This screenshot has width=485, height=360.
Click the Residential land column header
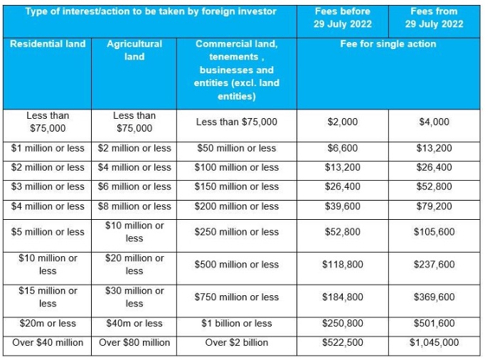pyautogui.click(x=48, y=44)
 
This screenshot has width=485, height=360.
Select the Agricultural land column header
pyautogui.click(x=134, y=50)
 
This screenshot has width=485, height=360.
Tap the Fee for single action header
pyautogui.click(x=388, y=44)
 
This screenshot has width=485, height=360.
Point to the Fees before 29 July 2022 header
pyautogui.click(x=343, y=18)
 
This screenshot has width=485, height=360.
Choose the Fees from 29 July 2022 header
pyautogui.click(x=435, y=18)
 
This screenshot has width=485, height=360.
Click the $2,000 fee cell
pyautogui.click(x=343, y=122)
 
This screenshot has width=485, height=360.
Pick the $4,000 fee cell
pyautogui.click(x=435, y=122)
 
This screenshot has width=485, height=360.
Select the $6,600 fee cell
pyautogui.click(x=343, y=149)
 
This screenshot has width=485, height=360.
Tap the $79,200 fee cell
pyautogui.click(x=435, y=206)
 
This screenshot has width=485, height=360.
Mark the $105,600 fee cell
pyautogui.click(x=435, y=232)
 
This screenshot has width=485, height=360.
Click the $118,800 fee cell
pyautogui.click(x=343, y=265)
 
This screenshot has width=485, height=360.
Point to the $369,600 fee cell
pyautogui.click(x=435, y=297)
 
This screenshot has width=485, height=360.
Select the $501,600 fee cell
pyautogui.click(x=435, y=324)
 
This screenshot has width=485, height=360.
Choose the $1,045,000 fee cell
pyautogui.click(x=435, y=343)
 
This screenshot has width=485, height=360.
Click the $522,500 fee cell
pyautogui.click(x=343, y=343)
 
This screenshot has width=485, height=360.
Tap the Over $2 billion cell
pyautogui.click(x=237, y=343)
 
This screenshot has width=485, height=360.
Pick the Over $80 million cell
pyautogui.click(x=134, y=343)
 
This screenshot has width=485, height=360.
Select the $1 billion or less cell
pyautogui.click(x=237, y=324)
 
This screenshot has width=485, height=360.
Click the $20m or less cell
pyautogui.click(x=48, y=324)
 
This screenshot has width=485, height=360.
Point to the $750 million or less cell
pyautogui.click(x=237, y=297)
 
